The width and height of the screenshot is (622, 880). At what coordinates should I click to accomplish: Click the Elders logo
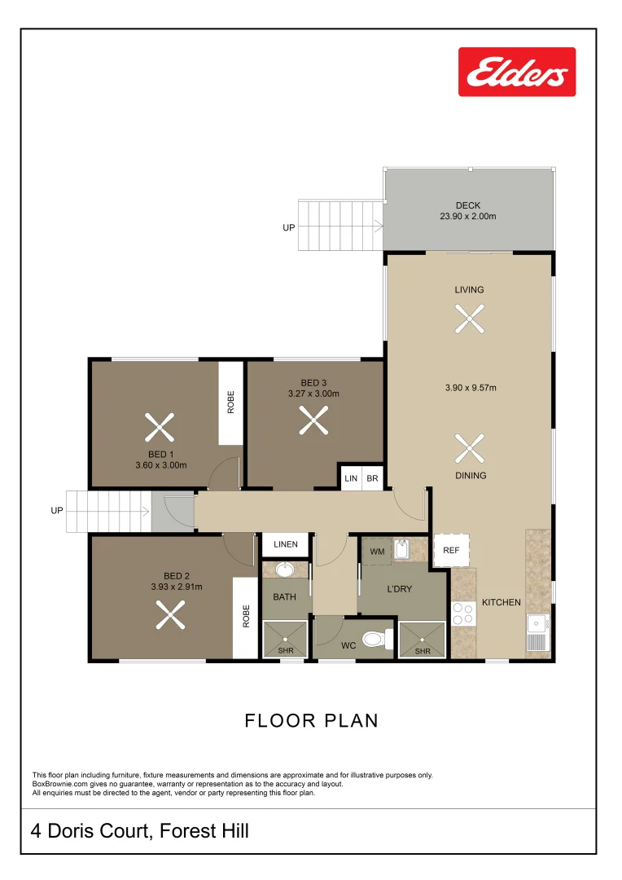[516, 72]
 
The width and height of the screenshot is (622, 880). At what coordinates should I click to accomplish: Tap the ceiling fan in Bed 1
[160, 427]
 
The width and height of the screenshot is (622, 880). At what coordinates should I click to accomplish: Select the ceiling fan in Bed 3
[313, 420]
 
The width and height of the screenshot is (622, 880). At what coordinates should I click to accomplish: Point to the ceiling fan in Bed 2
[170, 614]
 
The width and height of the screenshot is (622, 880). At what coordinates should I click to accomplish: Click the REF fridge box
[451, 550]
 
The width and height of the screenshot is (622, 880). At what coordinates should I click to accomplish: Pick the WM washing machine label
[377, 552]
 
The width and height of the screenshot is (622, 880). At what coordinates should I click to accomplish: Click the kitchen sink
[537, 632]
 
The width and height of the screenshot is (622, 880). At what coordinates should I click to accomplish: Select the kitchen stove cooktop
[463, 614]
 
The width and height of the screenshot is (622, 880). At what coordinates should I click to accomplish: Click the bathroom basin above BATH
[286, 570]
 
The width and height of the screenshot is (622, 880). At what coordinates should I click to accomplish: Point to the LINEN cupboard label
[286, 543]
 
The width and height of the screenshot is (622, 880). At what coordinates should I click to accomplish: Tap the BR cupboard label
[372, 479]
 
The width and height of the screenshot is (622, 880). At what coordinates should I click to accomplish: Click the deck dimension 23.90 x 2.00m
[468, 216]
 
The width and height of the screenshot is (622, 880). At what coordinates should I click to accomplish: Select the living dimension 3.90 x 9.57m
[471, 388]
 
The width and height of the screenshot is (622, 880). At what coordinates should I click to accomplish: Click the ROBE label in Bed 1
[230, 402]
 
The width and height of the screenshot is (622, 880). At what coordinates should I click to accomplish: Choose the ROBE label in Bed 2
[246, 616]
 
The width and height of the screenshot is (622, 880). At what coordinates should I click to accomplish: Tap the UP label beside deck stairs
[288, 228]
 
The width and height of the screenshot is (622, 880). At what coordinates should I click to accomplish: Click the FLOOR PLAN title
[311, 720]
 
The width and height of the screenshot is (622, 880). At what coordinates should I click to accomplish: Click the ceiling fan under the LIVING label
[470, 319]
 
